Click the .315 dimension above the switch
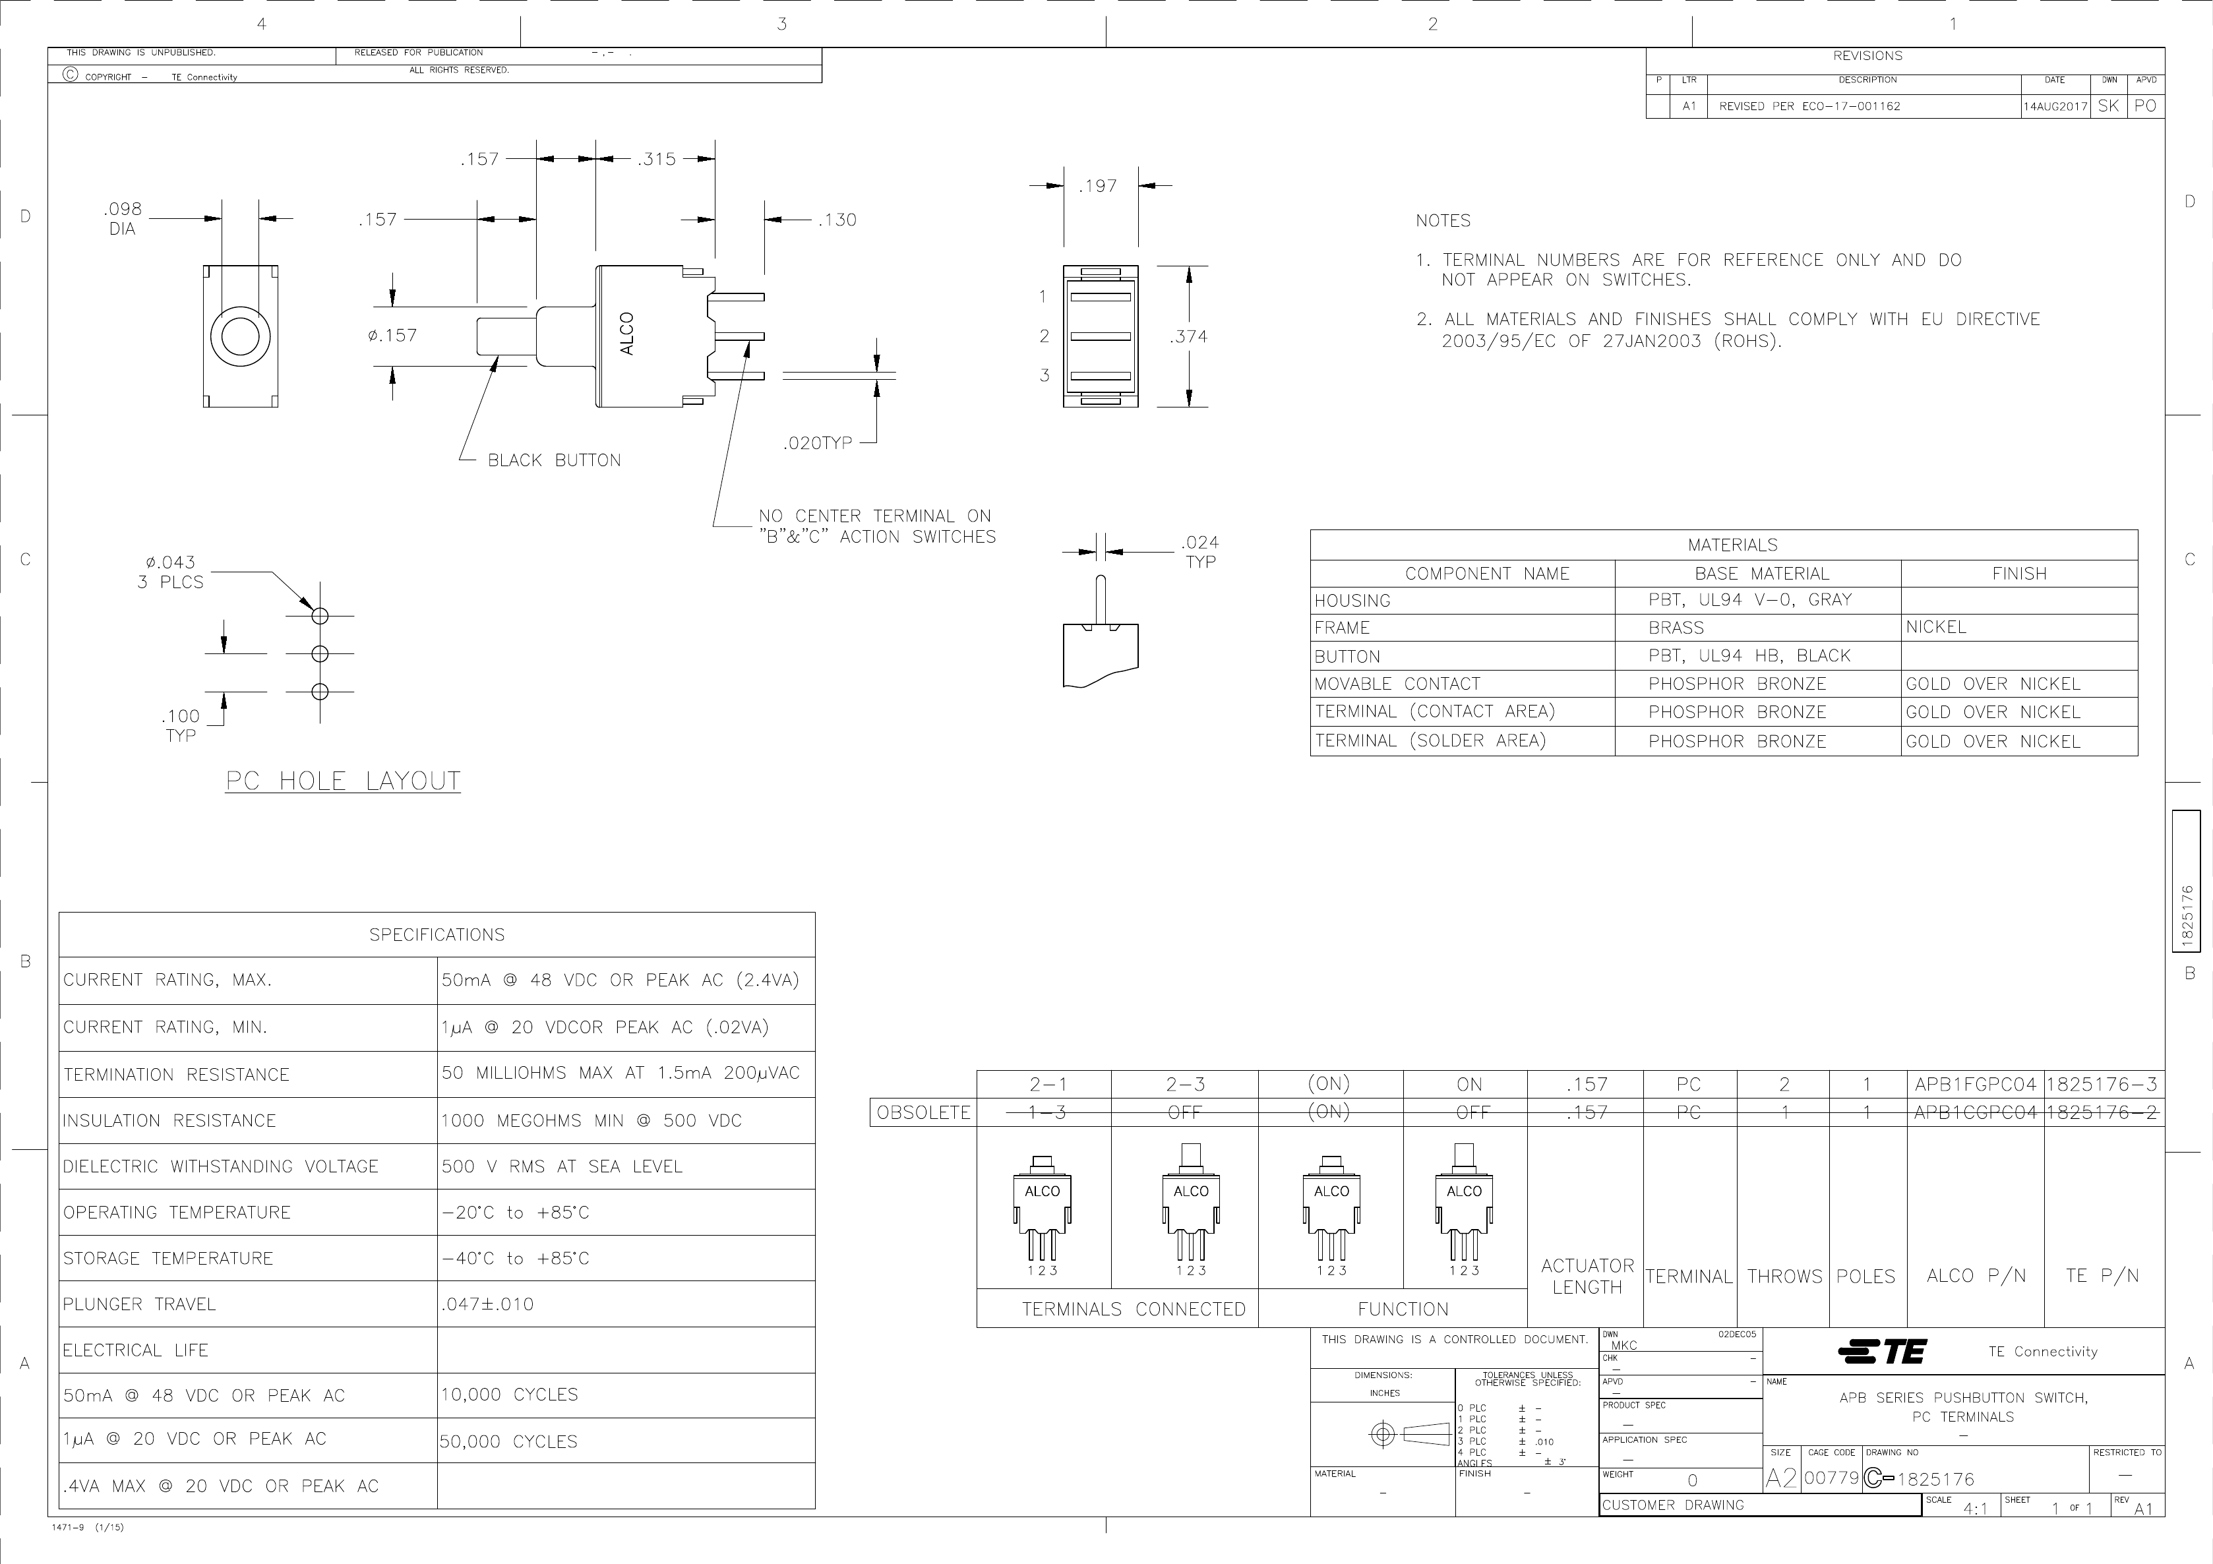(x=655, y=159)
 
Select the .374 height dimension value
(x=1188, y=336)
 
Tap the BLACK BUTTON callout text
(x=553, y=461)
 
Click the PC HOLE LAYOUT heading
(x=343, y=781)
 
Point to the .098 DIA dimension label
(x=123, y=219)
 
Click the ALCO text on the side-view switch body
(x=628, y=334)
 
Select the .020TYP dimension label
(x=816, y=443)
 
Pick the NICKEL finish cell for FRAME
(x=1935, y=627)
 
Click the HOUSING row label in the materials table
(x=1352, y=601)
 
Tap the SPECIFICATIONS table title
(x=437, y=935)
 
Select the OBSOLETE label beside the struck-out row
(x=923, y=1112)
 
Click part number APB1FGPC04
(x=1975, y=1084)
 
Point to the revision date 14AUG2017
(x=2055, y=107)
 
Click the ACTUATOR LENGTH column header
(x=1587, y=1276)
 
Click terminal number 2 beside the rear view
(x=1043, y=336)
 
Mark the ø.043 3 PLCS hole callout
(x=169, y=572)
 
